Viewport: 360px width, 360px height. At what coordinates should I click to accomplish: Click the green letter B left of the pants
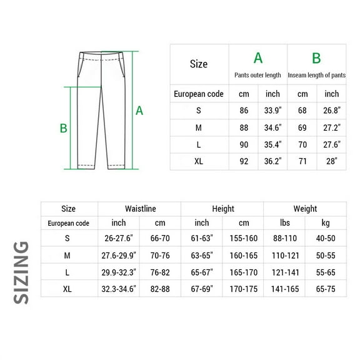pyautogui.click(x=63, y=128)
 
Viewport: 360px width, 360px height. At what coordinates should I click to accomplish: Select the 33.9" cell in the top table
pyautogui.click(x=272, y=111)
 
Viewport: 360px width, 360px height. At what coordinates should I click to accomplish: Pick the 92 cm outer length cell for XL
pyautogui.click(x=244, y=161)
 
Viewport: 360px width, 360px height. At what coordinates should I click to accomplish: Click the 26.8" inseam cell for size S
pyautogui.click(x=331, y=111)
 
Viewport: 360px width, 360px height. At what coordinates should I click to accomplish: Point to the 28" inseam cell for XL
pyautogui.click(x=331, y=161)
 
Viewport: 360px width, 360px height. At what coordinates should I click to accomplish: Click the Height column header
pyautogui.click(x=222, y=209)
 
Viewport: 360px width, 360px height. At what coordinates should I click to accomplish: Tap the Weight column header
pyautogui.click(x=305, y=209)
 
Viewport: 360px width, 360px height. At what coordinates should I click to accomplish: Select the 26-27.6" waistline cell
pyautogui.click(x=119, y=238)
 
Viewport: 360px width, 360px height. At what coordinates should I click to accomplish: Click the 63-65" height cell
pyautogui.click(x=202, y=255)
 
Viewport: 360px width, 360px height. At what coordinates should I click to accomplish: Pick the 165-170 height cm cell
pyautogui.click(x=243, y=272)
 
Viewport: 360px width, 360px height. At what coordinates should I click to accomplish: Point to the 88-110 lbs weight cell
pyautogui.click(x=284, y=238)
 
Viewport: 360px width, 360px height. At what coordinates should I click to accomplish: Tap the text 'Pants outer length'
pyautogui.click(x=258, y=75)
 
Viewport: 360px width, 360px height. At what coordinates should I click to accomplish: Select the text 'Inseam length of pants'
pyautogui.click(x=317, y=75)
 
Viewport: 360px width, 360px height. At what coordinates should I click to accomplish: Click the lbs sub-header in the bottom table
pyautogui.click(x=284, y=223)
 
